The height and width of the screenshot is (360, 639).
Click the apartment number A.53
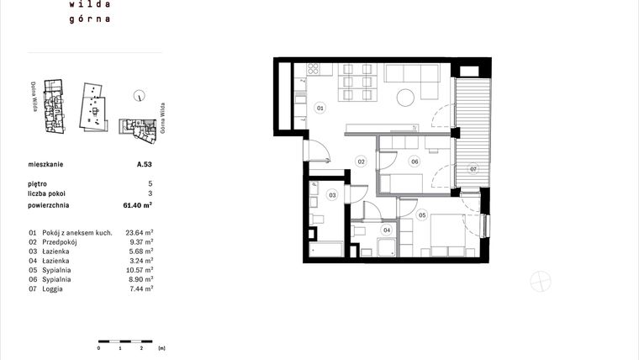(144, 166)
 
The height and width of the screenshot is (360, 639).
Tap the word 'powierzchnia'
(48, 204)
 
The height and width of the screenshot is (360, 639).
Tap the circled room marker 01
(320, 109)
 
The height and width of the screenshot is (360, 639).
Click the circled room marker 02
(360, 161)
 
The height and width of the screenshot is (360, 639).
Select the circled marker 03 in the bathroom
(332, 195)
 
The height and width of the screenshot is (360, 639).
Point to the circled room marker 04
(388, 229)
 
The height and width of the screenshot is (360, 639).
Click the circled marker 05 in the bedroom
(422, 214)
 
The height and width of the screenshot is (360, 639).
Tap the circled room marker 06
(414, 161)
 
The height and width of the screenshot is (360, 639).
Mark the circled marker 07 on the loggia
(473, 168)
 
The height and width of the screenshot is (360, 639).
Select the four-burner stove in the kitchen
(313, 69)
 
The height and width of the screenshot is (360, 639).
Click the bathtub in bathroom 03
(326, 250)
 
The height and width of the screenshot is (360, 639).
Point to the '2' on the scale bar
(141, 347)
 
